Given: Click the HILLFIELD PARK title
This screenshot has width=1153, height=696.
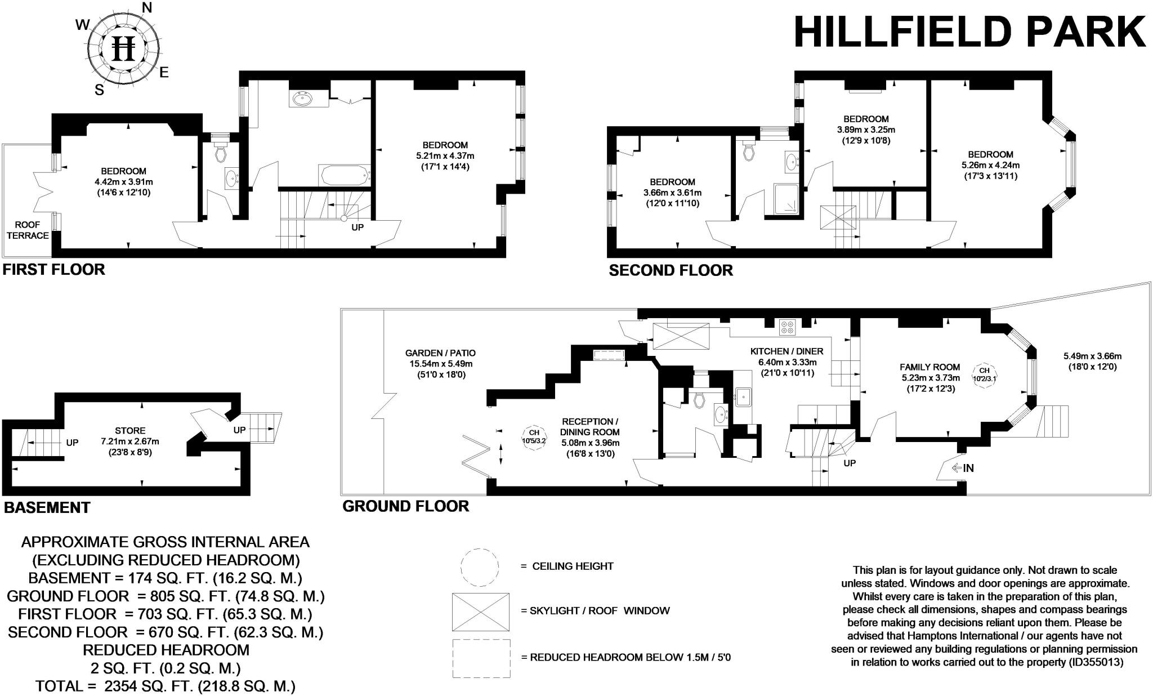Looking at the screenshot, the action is [x=969, y=33].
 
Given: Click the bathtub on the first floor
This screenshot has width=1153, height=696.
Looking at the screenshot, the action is [x=344, y=175].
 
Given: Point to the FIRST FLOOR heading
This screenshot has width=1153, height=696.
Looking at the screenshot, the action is [x=54, y=270].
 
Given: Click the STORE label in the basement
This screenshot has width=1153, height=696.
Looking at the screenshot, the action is [x=131, y=431].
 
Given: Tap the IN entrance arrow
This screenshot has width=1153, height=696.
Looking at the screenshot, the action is [x=962, y=468].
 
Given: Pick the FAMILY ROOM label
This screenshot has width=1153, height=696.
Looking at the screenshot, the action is [x=929, y=367].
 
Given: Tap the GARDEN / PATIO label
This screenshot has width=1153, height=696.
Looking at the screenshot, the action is [x=440, y=353].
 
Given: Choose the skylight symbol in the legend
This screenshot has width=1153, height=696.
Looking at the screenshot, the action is [x=480, y=612].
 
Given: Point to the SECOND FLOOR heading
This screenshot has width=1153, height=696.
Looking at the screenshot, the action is [x=671, y=271].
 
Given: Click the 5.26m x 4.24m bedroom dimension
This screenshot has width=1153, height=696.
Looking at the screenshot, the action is [x=990, y=165].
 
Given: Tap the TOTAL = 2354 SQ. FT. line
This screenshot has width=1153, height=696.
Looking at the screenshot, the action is [x=166, y=686].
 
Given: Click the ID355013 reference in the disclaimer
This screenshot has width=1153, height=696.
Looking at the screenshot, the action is [x=1096, y=662].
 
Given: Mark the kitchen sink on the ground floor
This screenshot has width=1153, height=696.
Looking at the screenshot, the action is [x=743, y=397].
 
